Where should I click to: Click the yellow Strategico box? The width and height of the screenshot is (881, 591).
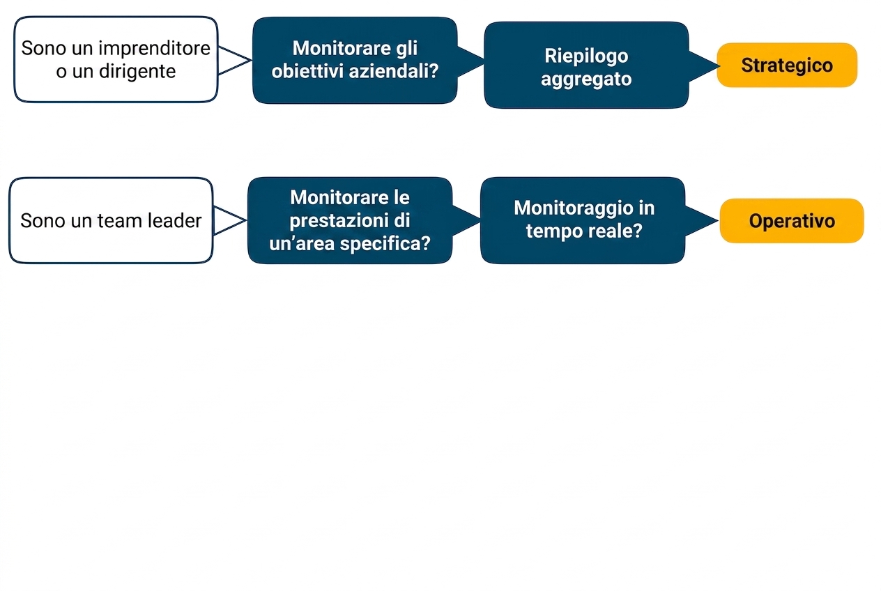coord(787,65)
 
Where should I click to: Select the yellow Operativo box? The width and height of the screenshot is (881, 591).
coord(792,221)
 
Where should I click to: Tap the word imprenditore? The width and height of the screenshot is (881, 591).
coord(154,48)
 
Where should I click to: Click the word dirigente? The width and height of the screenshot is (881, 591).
coord(137,71)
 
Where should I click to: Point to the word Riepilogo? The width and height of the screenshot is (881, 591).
coord(586,56)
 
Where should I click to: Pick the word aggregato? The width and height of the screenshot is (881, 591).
coord(586,79)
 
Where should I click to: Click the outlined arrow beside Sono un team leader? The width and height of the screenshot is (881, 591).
coord(230,221)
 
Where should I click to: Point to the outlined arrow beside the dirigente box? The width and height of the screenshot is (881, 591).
coord(234,60)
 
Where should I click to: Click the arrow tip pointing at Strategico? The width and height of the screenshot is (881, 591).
coord(720,66)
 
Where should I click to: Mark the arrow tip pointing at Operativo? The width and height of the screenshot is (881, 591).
coord(718,221)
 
